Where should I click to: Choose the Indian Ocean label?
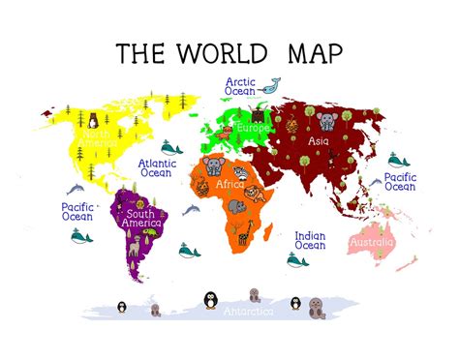coord(310,240)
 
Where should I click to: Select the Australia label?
coord(372,241)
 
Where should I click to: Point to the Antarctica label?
coord(249,312)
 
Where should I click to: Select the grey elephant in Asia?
coord(325,120)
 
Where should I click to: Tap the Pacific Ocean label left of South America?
coord(77,213)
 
